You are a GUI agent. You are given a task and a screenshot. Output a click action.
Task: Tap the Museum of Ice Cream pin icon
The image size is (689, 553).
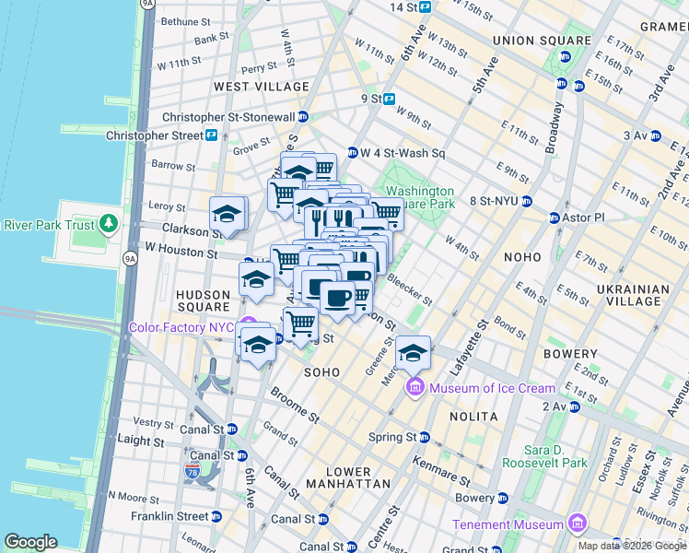415,388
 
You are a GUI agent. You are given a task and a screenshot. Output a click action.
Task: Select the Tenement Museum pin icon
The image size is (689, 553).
577,524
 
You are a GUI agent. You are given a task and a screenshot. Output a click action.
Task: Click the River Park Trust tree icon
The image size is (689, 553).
109,224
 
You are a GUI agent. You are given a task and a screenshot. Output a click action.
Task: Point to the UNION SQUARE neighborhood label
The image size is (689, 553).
542,41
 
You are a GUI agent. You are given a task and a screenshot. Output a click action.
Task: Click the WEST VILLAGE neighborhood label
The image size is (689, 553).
262,87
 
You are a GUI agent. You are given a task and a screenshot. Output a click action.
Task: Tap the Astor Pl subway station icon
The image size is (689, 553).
555,218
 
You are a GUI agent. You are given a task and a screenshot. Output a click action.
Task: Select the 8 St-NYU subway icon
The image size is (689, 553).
526,201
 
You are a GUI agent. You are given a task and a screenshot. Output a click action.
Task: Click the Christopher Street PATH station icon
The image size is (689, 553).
211,135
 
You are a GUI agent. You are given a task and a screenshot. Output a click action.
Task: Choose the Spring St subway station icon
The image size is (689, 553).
425,438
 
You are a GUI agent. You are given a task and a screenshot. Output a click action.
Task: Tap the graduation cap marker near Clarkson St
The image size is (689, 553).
228,214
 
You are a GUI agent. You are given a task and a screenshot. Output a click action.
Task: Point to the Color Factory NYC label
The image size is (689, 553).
182,327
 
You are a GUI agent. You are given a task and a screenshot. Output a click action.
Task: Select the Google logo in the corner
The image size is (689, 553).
30,542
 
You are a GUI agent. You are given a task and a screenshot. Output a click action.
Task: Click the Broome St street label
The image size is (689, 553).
296,405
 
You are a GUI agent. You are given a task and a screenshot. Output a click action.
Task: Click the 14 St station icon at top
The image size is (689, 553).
425,6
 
